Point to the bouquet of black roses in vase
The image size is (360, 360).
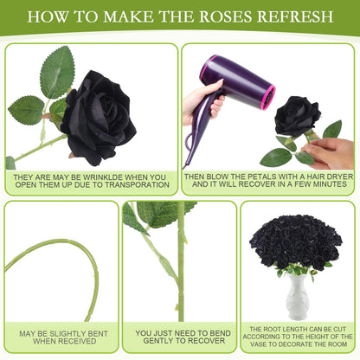pos(297,238)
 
